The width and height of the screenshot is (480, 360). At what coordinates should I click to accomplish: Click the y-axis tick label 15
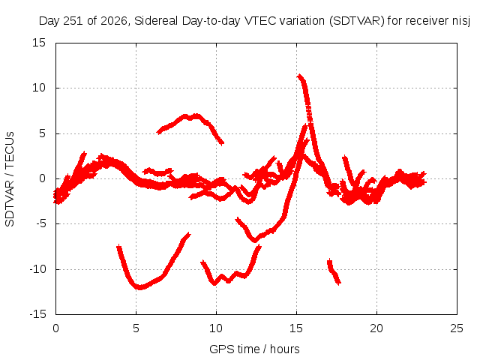(x=39, y=43)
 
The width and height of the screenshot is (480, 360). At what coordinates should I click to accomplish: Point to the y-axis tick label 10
(x=39, y=88)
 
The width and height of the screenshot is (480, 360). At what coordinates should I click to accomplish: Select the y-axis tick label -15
(x=37, y=314)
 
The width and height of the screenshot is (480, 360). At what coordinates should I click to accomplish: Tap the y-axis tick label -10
(x=37, y=269)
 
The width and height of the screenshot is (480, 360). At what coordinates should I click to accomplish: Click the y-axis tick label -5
(x=41, y=223)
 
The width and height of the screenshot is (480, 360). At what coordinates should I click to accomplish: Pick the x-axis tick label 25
(x=457, y=328)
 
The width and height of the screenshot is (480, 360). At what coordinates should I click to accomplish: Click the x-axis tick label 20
(x=376, y=328)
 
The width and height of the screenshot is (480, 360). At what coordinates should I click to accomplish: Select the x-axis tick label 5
(x=136, y=328)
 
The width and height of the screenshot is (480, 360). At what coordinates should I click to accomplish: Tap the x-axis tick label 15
(x=296, y=328)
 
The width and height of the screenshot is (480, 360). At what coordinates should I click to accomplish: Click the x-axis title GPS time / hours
(x=254, y=349)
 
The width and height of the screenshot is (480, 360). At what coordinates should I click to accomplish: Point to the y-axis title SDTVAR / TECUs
(x=10, y=179)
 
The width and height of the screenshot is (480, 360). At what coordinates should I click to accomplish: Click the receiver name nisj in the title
(x=461, y=21)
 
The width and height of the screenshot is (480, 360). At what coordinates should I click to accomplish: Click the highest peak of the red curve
(x=299, y=75)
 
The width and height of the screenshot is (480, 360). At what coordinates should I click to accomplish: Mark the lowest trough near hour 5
(x=140, y=287)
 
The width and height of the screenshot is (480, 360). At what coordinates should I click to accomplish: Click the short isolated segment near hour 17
(x=334, y=271)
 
